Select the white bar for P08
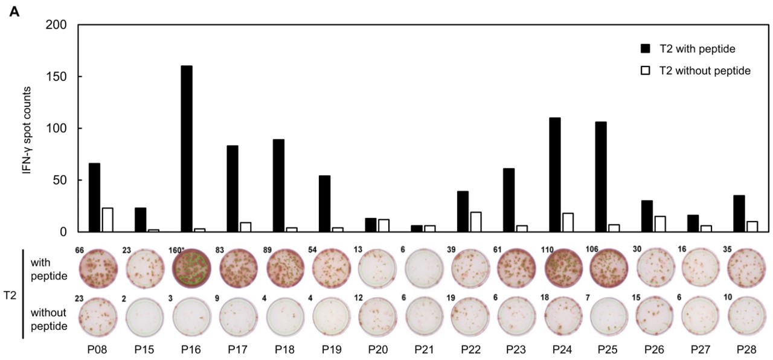[x=107, y=220]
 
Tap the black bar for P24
[x=555, y=175]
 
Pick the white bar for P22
[x=476, y=222]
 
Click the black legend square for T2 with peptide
[x=645, y=48]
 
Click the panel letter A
[x=14, y=11]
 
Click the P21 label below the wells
[x=424, y=349]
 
